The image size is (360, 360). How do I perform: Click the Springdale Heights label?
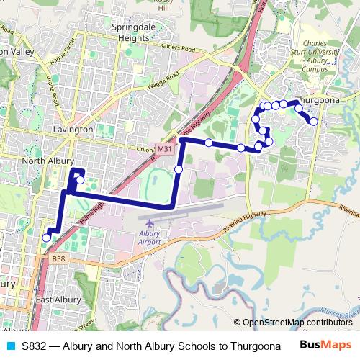point(132,33)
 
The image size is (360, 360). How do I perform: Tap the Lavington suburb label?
point(73,130)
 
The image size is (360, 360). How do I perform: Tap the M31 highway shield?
point(166,149)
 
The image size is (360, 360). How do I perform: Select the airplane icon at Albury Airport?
point(149,225)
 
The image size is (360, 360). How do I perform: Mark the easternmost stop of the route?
point(314,121)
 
